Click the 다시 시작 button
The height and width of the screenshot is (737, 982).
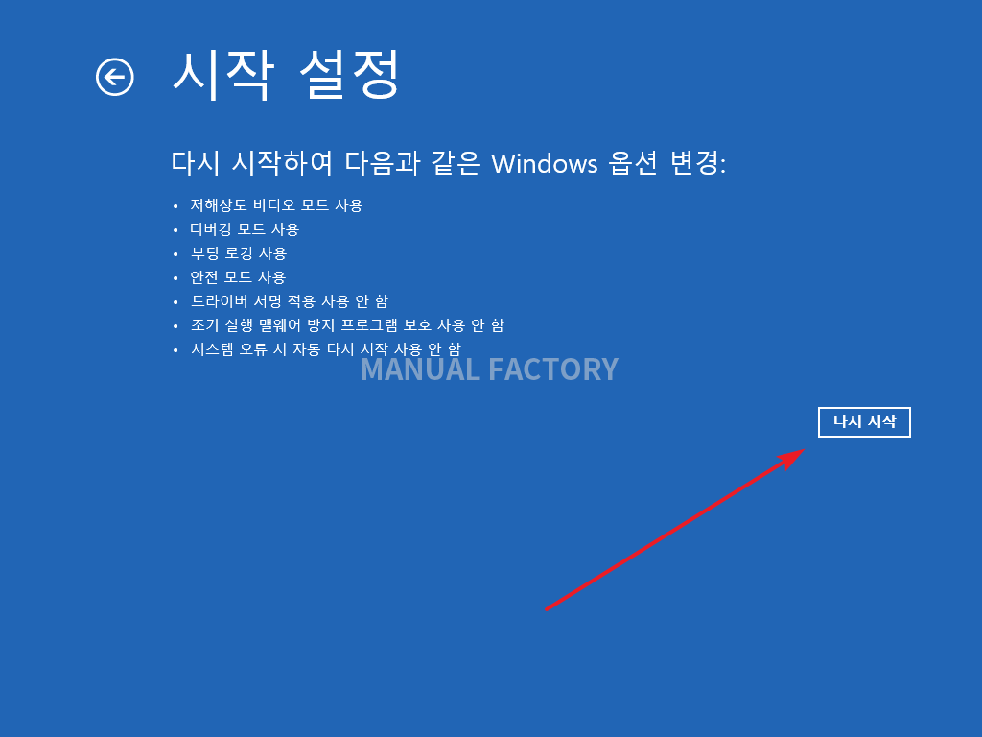864,422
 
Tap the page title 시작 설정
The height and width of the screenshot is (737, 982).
286,75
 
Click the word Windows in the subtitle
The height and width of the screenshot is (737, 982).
545,164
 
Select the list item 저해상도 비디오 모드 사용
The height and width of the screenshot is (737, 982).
276,205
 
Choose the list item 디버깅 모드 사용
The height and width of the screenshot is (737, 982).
245,229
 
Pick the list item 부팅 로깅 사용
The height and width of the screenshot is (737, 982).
238,253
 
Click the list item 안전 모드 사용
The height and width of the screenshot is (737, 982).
238,277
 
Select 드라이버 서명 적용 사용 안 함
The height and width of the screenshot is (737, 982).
289,301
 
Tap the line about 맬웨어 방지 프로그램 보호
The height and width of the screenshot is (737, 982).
347,325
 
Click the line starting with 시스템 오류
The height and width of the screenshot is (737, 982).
326,349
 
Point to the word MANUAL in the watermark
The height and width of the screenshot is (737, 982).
420,369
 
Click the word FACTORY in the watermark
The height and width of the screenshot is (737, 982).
553,369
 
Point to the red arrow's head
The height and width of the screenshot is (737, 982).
805,449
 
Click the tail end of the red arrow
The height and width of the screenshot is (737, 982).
546,609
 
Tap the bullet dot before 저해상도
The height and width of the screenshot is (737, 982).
175,206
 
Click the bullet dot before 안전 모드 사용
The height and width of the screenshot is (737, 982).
175,277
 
